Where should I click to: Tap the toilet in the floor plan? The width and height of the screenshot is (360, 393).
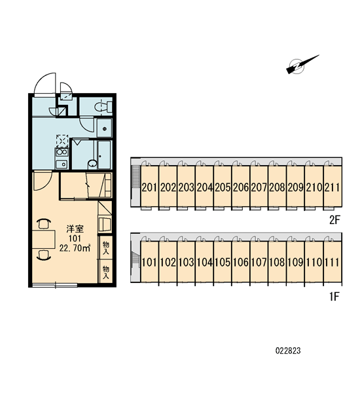(x=103, y=107)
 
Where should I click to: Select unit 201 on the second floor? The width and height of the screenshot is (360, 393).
(x=149, y=187)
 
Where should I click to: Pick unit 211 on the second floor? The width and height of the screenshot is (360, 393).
(x=333, y=187)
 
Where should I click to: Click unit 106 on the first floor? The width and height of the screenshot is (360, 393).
(x=241, y=262)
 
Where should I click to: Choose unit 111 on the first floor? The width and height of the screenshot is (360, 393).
(x=333, y=262)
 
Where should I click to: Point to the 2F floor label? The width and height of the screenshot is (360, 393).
(x=334, y=221)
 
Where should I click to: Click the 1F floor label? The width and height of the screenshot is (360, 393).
(x=334, y=297)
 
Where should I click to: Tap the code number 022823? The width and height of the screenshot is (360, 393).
(x=288, y=350)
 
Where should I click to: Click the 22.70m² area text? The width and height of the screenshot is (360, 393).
(x=75, y=248)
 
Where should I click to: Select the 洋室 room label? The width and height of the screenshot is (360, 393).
(x=75, y=229)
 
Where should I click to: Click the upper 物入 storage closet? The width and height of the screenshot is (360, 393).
(x=106, y=248)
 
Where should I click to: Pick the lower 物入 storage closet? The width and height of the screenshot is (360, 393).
(x=106, y=272)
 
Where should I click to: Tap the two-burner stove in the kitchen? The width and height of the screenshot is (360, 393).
(x=62, y=152)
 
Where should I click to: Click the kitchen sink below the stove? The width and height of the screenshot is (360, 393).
(x=62, y=164)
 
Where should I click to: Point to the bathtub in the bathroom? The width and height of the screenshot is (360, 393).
(x=104, y=155)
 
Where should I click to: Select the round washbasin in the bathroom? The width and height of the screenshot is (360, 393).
(x=92, y=164)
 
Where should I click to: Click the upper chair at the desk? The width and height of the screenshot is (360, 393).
(x=44, y=223)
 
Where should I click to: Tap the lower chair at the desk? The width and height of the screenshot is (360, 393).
(x=44, y=255)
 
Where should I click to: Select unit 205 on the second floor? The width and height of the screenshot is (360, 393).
(x=223, y=187)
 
